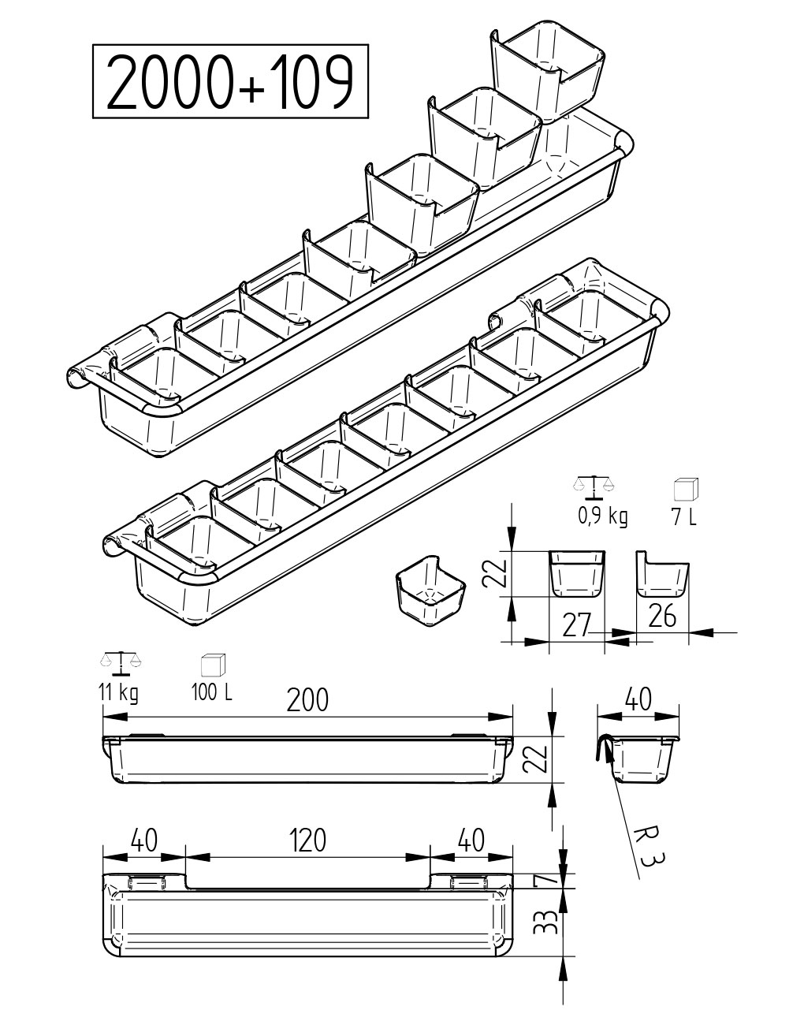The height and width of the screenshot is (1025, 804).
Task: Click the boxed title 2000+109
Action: click(x=230, y=81)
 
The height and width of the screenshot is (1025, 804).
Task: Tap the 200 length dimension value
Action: click(x=307, y=700)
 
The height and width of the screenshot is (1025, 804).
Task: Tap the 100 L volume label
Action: click(x=212, y=692)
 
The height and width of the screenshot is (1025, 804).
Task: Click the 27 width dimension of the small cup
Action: click(x=577, y=625)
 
